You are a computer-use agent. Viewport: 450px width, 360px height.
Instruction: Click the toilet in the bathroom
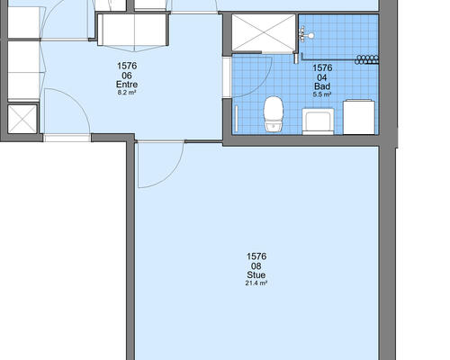point(274,114)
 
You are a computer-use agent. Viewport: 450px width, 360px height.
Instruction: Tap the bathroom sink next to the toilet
point(318,121)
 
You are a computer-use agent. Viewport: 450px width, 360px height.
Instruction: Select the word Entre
point(127,85)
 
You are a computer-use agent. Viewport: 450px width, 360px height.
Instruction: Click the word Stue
point(256,275)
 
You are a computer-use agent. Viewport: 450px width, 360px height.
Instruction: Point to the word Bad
point(322,86)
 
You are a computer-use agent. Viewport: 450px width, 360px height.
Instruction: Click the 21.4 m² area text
point(256,283)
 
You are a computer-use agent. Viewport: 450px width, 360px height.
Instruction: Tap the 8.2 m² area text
point(127,93)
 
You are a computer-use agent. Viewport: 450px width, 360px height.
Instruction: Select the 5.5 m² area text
point(322,94)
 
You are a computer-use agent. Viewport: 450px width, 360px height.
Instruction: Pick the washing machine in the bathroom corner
point(359,117)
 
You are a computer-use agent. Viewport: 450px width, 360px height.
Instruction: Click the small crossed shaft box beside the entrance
point(22,119)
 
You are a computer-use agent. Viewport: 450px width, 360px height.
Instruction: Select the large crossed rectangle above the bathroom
point(264,32)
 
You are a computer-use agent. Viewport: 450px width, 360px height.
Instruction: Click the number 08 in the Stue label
point(256,265)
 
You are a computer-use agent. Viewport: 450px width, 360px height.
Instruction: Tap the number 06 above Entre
point(127,75)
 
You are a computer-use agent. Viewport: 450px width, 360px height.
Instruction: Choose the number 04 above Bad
point(322,77)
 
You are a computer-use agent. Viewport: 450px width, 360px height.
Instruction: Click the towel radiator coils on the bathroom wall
point(366,59)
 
